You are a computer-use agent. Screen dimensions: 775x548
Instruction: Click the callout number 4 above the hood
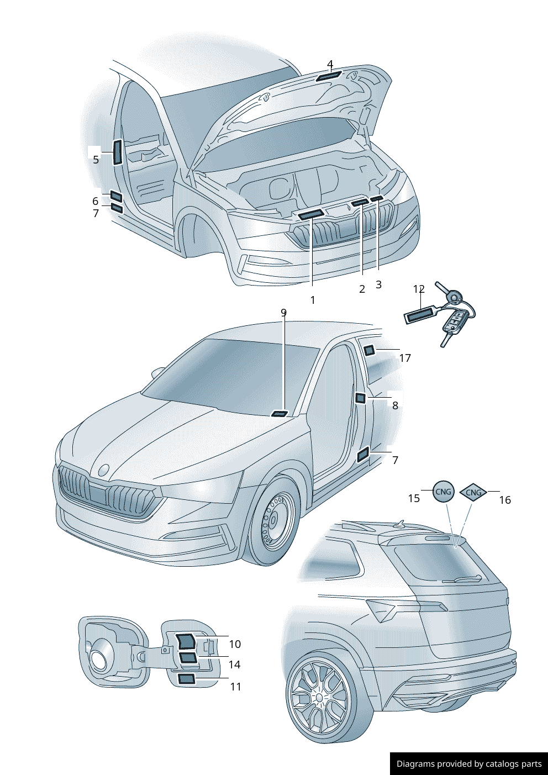pyautogui.click(x=330, y=64)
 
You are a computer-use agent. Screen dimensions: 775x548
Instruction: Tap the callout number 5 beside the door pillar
pyautogui.click(x=96, y=160)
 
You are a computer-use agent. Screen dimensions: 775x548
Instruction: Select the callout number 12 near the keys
pyautogui.click(x=419, y=289)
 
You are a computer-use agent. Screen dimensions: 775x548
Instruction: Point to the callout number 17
pyautogui.click(x=405, y=358)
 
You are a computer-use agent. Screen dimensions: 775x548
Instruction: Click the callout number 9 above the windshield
pyautogui.click(x=283, y=313)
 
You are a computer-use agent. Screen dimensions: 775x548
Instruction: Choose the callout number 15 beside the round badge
pyautogui.click(x=414, y=498)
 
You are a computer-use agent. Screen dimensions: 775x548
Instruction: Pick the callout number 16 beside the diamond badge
pyautogui.click(x=505, y=500)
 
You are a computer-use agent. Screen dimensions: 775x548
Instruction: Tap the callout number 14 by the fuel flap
pyautogui.click(x=234, y=665)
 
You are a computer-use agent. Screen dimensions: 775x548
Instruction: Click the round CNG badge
pyautogui.click(x=443, y=491)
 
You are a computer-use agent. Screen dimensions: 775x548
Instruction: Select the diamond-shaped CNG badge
pyautogui.click(x=473, y=492)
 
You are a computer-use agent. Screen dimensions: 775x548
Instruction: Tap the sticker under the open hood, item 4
pyautogui.click(x=328, y=76)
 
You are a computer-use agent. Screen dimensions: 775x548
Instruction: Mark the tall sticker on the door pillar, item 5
pyautogui.click(x=117, y=152)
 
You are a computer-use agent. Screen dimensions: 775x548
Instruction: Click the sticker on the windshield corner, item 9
pyautogui.click(x=280, y=414)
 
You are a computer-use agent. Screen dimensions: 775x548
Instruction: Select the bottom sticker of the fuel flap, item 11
pyautogui.click(x=186, y=679)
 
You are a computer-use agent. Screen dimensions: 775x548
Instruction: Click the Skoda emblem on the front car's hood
pyautogui.click(x=103, y=470)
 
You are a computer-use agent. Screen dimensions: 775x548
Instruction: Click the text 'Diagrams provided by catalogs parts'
pyautogui.click(x=469, y=764)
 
